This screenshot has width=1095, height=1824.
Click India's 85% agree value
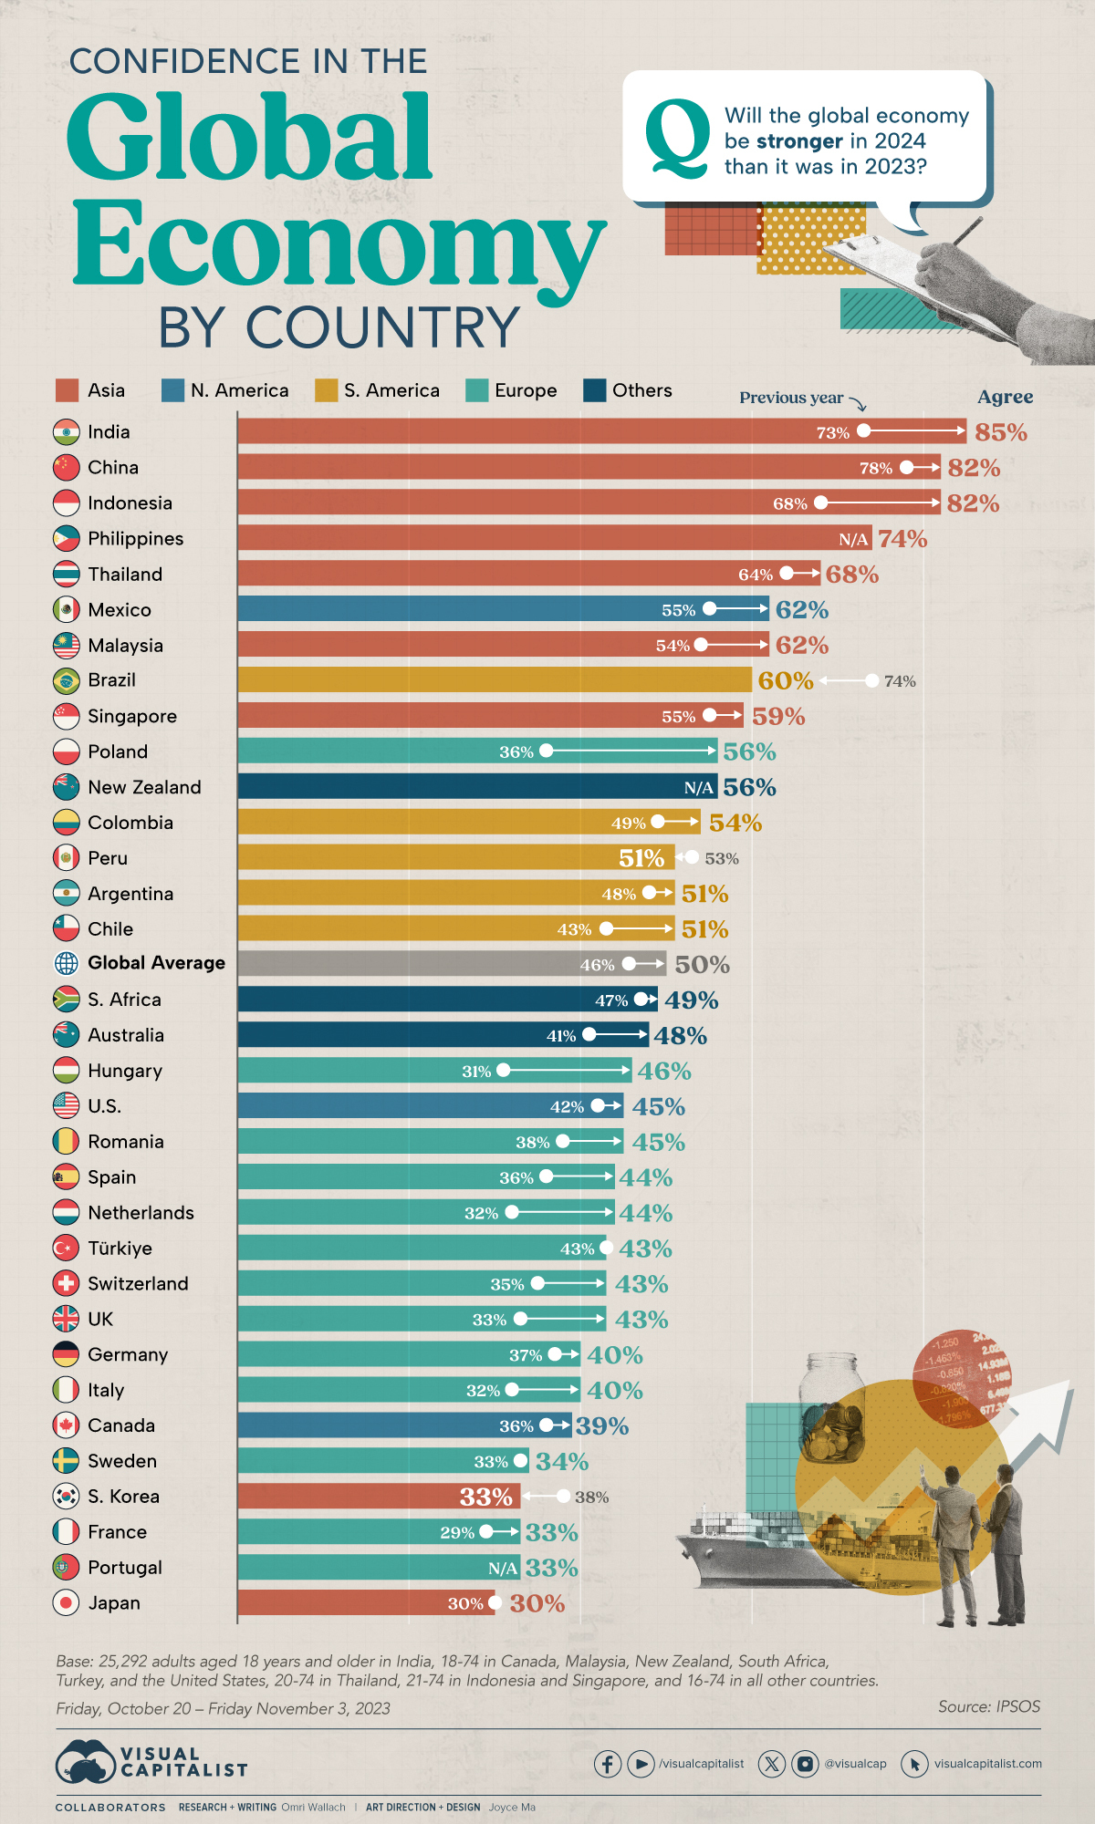[1000, 432]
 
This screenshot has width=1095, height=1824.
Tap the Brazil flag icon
[67, 680]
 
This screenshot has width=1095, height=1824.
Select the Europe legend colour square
[477, 390]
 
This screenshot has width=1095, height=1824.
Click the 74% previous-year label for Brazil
[900, 681]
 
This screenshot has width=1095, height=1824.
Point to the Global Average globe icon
[67, 963]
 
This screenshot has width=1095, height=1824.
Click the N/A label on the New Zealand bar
[699, 787]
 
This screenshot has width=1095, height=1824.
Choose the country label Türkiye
[120, 1248]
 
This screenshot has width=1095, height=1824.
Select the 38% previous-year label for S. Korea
[591, 1497]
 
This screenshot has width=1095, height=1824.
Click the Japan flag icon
[67, 1602]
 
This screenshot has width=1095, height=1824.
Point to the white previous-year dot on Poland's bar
[546, 751]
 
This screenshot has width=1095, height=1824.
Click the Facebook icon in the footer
[608, 1764]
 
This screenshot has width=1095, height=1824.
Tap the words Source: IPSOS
[988, 1706]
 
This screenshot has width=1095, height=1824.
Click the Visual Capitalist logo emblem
[85, 1762]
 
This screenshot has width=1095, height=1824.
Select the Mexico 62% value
[801, 609]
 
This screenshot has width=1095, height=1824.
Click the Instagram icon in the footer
[805, 1764]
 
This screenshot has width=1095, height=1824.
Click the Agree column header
[1005, 397]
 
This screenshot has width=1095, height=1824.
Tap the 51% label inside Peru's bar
[641, 858]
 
